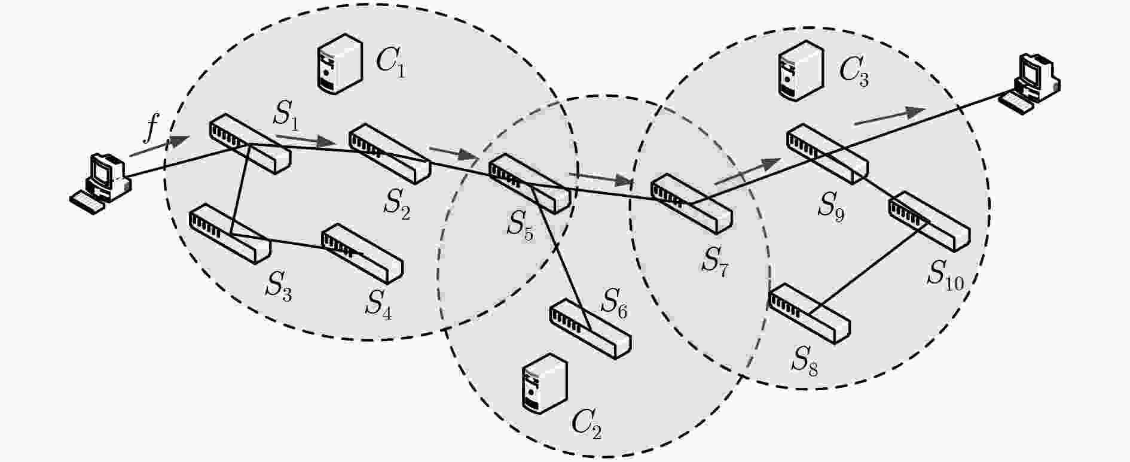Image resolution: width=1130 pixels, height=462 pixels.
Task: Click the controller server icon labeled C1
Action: pos(338,63)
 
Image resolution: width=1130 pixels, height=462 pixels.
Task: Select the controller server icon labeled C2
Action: pos(544,383)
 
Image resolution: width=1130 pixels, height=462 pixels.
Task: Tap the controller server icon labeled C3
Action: pos(802,69)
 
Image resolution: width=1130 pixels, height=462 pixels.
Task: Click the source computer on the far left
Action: pos(100,183)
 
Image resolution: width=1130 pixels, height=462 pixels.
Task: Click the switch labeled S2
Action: pos(389,154)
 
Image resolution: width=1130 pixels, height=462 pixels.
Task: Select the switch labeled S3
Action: pos(230,233)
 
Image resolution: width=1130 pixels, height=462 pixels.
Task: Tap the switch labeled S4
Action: pos(362,254)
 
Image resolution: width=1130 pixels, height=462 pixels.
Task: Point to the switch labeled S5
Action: pos(530,184)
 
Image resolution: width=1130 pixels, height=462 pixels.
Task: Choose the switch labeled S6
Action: pos(590,329)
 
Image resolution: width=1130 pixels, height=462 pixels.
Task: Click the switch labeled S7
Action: pos(691,203)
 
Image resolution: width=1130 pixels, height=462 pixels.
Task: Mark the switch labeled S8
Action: pos(809,314)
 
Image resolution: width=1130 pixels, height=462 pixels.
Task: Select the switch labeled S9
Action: pos(827,154)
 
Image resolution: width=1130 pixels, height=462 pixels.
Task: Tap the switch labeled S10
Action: pos(929,221)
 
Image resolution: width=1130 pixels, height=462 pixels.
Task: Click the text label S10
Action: pos(946,276)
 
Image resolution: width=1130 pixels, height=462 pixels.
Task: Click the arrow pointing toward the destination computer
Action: pos(890,117)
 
